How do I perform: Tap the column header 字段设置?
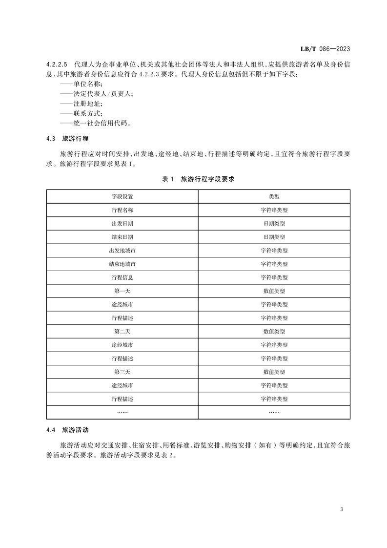pyautogui.click(x=122, y=196)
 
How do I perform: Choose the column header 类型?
pyautogui.click(x=274, y=196)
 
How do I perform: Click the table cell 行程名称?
pyautogui.click(x=122, y=210)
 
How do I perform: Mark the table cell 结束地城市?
pyautogui.click(x=122, y=264)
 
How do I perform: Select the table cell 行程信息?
pyautogui.click(x=122, y=277)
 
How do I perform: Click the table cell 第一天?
pyautogui.click(x=122, y=291)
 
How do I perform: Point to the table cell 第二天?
pyautogui.click(x=122, y=332)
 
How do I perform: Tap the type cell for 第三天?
pyautogui.click(x=274, y=372)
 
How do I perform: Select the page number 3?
pyautogui.click(x=342, y=509)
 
